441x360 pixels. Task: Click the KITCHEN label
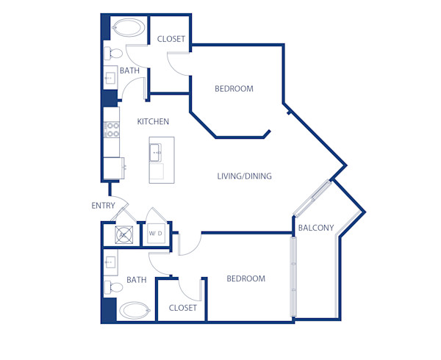click(154, 121)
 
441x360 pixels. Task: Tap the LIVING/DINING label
click(245, 176)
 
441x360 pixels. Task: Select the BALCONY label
click(317, 228)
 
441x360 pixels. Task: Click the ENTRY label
click(103, 206)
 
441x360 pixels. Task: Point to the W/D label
click(156, 234)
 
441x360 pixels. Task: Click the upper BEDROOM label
click(234, 89)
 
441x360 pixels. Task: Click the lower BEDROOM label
click(245, 279)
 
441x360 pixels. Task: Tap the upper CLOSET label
click(171, 40)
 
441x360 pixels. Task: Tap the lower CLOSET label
click(183, 308)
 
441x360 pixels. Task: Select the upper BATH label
click(130, 71)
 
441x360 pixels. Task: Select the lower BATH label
click(137, 280)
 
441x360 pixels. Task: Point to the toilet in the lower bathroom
click(112, 287)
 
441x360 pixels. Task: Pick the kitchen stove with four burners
click(112, 130)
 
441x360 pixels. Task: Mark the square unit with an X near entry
click(124, 235)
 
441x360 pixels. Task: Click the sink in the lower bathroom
click(112, 262)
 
